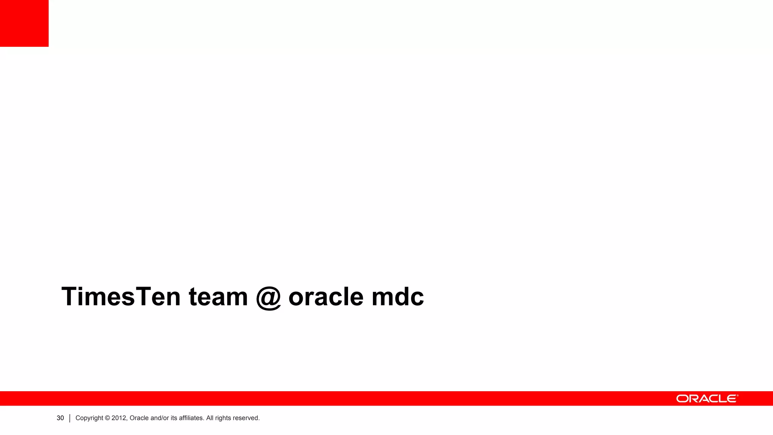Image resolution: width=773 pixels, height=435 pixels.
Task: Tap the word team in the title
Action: pyautogui.click(x=218, y=297)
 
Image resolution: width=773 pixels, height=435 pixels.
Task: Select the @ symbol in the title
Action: pyautogui.click(x=268, y=298)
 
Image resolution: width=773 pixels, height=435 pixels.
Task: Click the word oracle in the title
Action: pyautogui.click(x=326, y=297)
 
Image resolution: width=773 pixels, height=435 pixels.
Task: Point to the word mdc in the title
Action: pyautogui.click(x=397, y=297)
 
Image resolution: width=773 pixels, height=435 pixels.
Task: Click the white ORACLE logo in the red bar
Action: pyautogui.click(x=706, y=399)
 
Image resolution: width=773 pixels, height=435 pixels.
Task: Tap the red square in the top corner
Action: pyautogui.click(x=24, y=23)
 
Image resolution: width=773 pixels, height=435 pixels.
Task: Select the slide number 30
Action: pyautogui.click(x=60, y=418)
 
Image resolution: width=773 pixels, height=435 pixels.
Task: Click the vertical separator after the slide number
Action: pyautogui.click(x=70, y=418)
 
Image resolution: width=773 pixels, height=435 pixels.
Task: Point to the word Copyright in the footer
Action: pyautogui.click(x=89, y=418)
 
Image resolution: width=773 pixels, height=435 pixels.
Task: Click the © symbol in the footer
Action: pyautogui.click(x=107, y=418)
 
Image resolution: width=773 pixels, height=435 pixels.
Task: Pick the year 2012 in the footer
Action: pyautogui.click(x=119, y=418)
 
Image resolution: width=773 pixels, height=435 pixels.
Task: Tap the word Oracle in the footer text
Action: pyautogui.click(x=139, y=418)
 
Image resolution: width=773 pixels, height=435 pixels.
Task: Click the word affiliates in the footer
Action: pyautogui.click(x=191, y=418)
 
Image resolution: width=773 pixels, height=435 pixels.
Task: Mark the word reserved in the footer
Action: pyautogui.click(x=246, y=418)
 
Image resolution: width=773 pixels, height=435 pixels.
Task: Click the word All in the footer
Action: pyautogui.click(x=210, y=418)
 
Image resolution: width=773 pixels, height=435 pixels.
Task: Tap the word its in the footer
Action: pyautogui.click(x=174, y=418)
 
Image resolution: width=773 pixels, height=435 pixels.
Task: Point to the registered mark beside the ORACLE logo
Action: pyautogui.click(x=737, y=396)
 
